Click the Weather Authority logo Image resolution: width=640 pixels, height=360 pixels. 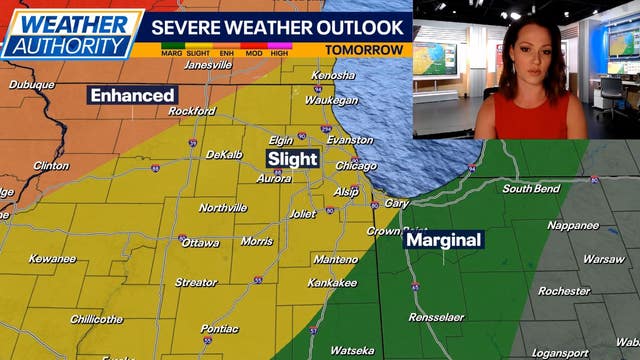tap(72, 33)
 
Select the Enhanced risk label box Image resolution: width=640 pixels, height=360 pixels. tap(132, 95)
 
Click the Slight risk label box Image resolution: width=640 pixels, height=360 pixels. tap(292, 158)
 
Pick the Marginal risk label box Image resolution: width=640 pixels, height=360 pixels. tap(444, 240)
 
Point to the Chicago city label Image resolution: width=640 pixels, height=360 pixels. tap(356, 166)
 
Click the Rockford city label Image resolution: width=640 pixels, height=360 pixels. tap(192, 111)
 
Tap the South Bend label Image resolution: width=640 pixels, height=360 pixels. tap(531, 189)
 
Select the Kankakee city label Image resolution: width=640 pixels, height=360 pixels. tap(333, 283)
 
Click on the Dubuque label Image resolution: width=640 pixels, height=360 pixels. tap(31, 85)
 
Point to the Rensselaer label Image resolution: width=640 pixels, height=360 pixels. tap(436, 317)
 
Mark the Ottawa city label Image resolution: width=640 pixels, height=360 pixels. tap(201, 243)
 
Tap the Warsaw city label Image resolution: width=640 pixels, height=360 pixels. tap(603, 259)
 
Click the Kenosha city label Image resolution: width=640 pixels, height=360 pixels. tap(334, 76)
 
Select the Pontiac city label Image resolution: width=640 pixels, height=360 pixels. tap(219, 328)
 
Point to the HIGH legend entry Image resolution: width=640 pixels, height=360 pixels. tap(279, 49)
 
